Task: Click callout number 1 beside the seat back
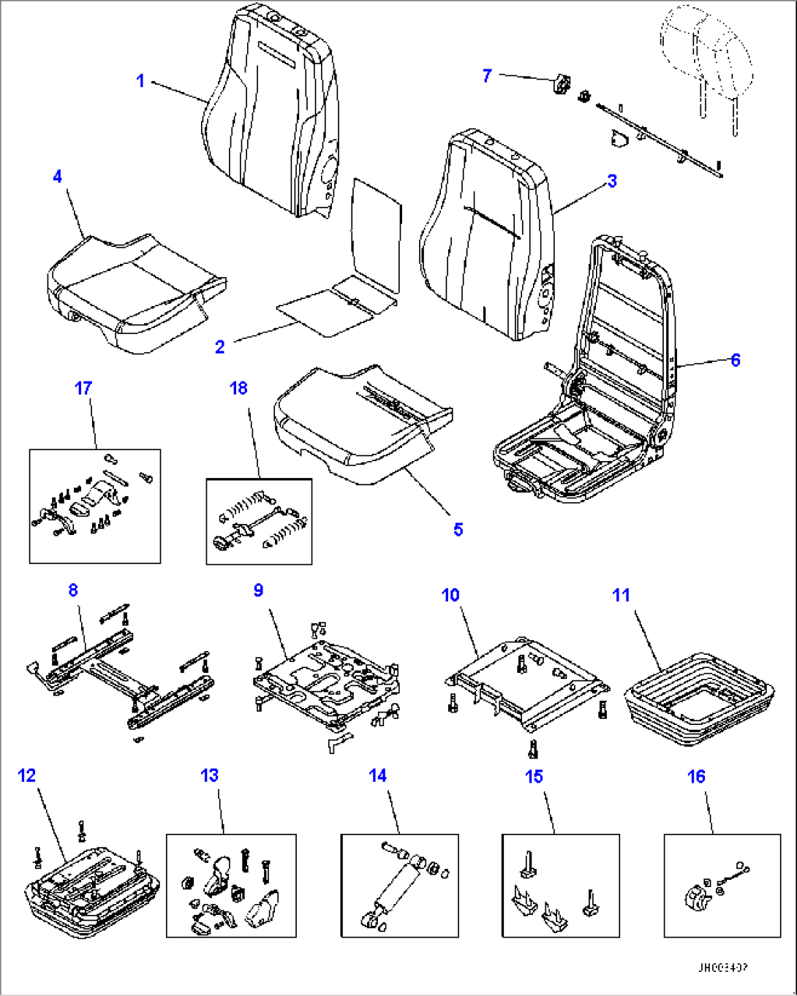pos(141,80)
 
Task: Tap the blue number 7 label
pos(487,75)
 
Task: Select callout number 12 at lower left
pos(27,775)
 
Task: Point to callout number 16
pos(696,776)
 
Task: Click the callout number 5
pos(458,529)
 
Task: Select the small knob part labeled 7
pos(562,85)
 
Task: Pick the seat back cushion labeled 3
pos(486,234)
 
